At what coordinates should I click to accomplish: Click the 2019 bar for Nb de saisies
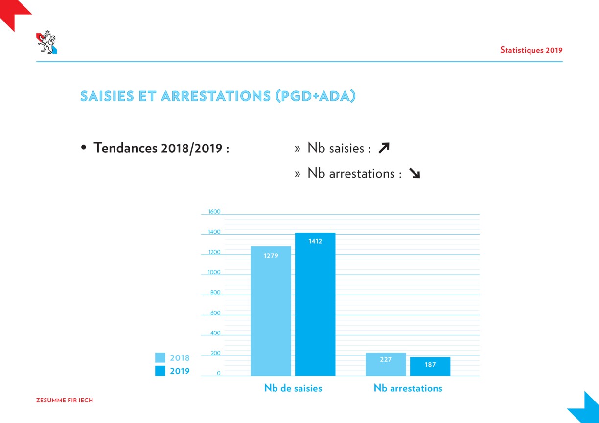point(315,304)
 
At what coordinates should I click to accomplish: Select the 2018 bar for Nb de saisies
point(271,311)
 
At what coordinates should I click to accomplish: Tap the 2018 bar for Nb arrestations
point(386,364)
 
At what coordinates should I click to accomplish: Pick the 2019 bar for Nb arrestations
point(430,366)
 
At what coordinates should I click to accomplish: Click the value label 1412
point(315,241)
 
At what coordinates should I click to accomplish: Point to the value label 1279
point(271,256)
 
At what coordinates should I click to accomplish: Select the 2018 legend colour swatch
point(160,357)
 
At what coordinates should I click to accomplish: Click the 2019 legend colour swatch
point(160,371)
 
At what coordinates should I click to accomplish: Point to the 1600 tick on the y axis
point(214,211)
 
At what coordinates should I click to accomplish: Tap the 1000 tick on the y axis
point(214,272)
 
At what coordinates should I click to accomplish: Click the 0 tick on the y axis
point(218,373)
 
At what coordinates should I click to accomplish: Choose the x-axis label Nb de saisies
point(293,388)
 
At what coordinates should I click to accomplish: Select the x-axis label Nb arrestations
point(408,388)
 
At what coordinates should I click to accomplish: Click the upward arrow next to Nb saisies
point(384,148)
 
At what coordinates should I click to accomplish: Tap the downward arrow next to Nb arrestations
point(415,173)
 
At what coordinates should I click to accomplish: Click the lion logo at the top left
point(46,42)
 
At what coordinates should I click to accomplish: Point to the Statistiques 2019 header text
point(531,50)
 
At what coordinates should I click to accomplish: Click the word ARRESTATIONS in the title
point(216,96)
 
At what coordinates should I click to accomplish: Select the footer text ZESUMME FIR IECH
point(65,400)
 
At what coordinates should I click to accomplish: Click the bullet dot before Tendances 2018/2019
point(83,147)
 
